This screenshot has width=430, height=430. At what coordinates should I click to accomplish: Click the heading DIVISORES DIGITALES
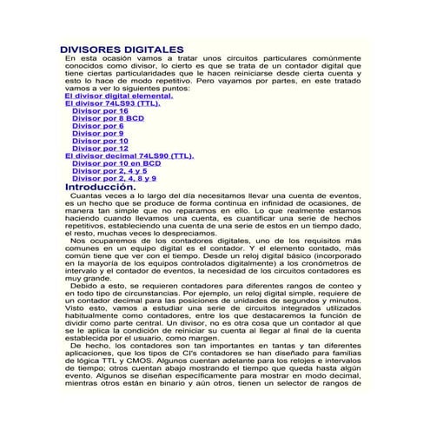tap(121, 49)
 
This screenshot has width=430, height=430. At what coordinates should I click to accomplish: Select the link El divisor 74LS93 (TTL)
tap(112, 103)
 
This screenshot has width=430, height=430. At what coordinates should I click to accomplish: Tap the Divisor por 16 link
tap(100, 111)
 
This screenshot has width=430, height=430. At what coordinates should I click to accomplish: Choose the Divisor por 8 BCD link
tap(109, 118)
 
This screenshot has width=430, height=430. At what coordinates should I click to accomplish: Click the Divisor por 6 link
tap(97, 126)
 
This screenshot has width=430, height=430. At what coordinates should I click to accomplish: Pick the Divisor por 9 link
tap(97, 134)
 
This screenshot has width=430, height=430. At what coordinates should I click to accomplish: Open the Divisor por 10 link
tap(100, 141)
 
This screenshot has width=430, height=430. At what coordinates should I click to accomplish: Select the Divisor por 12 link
tap(100, 149)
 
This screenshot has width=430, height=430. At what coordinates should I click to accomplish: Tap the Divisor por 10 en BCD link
tap(116, 163)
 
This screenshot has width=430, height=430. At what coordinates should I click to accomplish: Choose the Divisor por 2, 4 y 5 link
tap(109, 171)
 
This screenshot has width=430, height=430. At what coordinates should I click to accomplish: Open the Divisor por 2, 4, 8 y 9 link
tap(114, 179)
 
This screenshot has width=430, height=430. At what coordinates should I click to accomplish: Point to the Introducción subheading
tap(100, 187)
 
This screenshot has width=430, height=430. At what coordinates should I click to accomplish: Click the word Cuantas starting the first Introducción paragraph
tap(87, 197)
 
